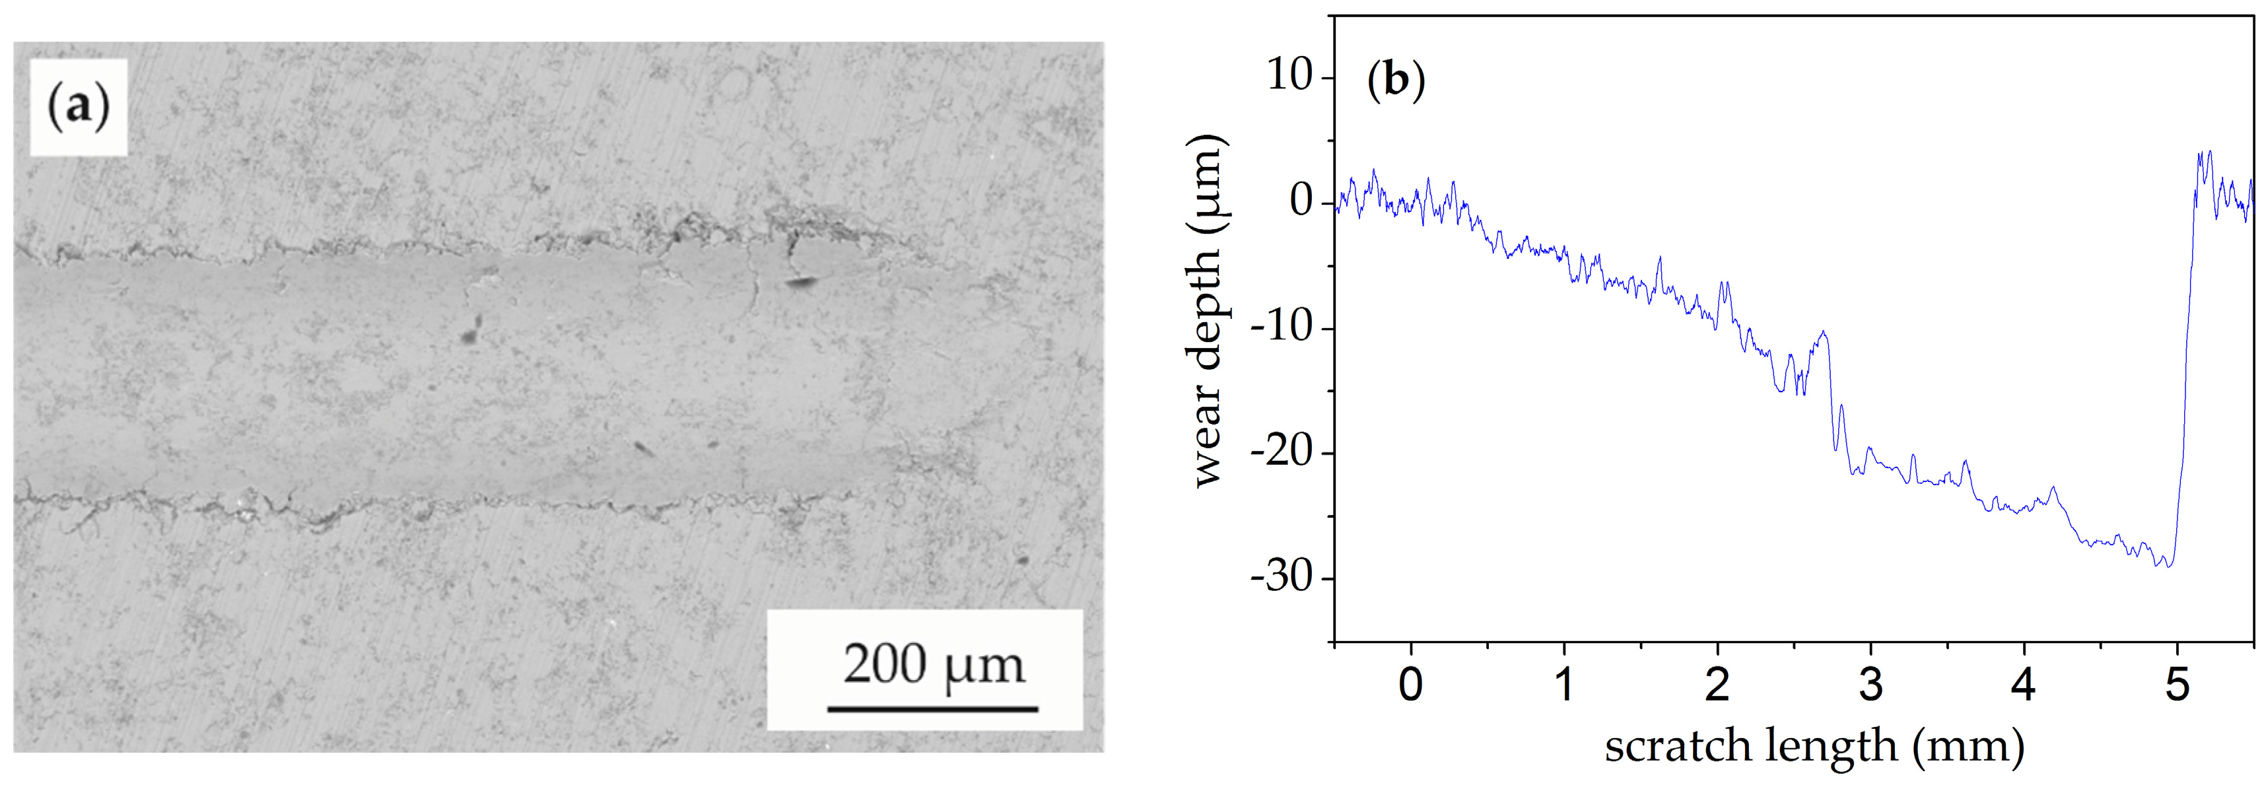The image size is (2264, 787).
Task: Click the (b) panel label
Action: click(x=1396, y=79)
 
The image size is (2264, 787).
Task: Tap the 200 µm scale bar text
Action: click(x=934, y=665)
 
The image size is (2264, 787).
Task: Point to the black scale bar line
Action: click(x=932, y=708)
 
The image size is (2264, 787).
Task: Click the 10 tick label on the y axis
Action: click(x=1288, y=76)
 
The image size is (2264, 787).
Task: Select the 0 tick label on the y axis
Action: click(x=1301, y=201)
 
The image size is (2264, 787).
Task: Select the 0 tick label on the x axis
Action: click(x=1410, y=684)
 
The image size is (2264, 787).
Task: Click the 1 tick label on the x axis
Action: click(x=1564, y=684)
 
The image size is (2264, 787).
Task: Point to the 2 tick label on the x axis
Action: click(x=1717, y=684)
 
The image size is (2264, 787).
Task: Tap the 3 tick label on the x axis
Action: click(x=1871, y=684)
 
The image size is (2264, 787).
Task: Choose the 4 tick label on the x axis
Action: click(x=2024, y=684)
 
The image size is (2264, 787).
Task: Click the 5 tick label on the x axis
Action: click(x=2177, y=684)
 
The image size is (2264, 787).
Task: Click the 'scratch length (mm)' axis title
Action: click(x=1814, y=747)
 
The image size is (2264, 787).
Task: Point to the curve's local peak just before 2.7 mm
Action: click(x=1824, y=332)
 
